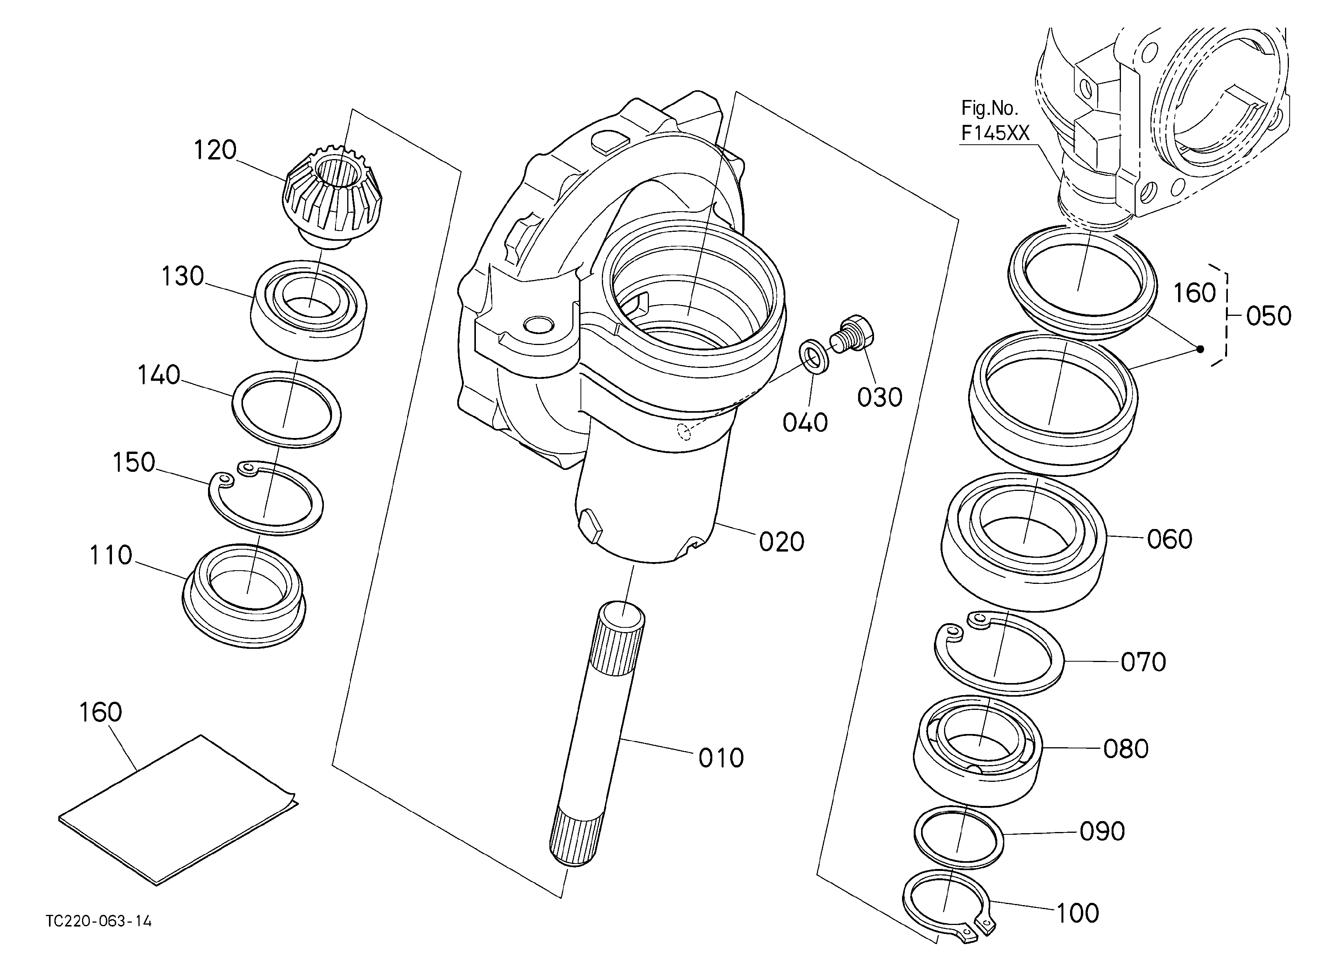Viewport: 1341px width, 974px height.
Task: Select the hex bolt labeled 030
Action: pos(851,334)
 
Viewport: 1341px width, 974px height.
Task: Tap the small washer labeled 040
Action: pos(814,357)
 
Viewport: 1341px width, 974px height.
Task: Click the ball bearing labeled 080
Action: pos(977,750)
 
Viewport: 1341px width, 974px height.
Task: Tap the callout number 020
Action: pos(782,542)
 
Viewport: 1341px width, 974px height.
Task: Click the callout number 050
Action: pos(1269,316)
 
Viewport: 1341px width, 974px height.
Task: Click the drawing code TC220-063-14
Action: pos(99,921)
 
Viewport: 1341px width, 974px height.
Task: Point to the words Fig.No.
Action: pos(989,108)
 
